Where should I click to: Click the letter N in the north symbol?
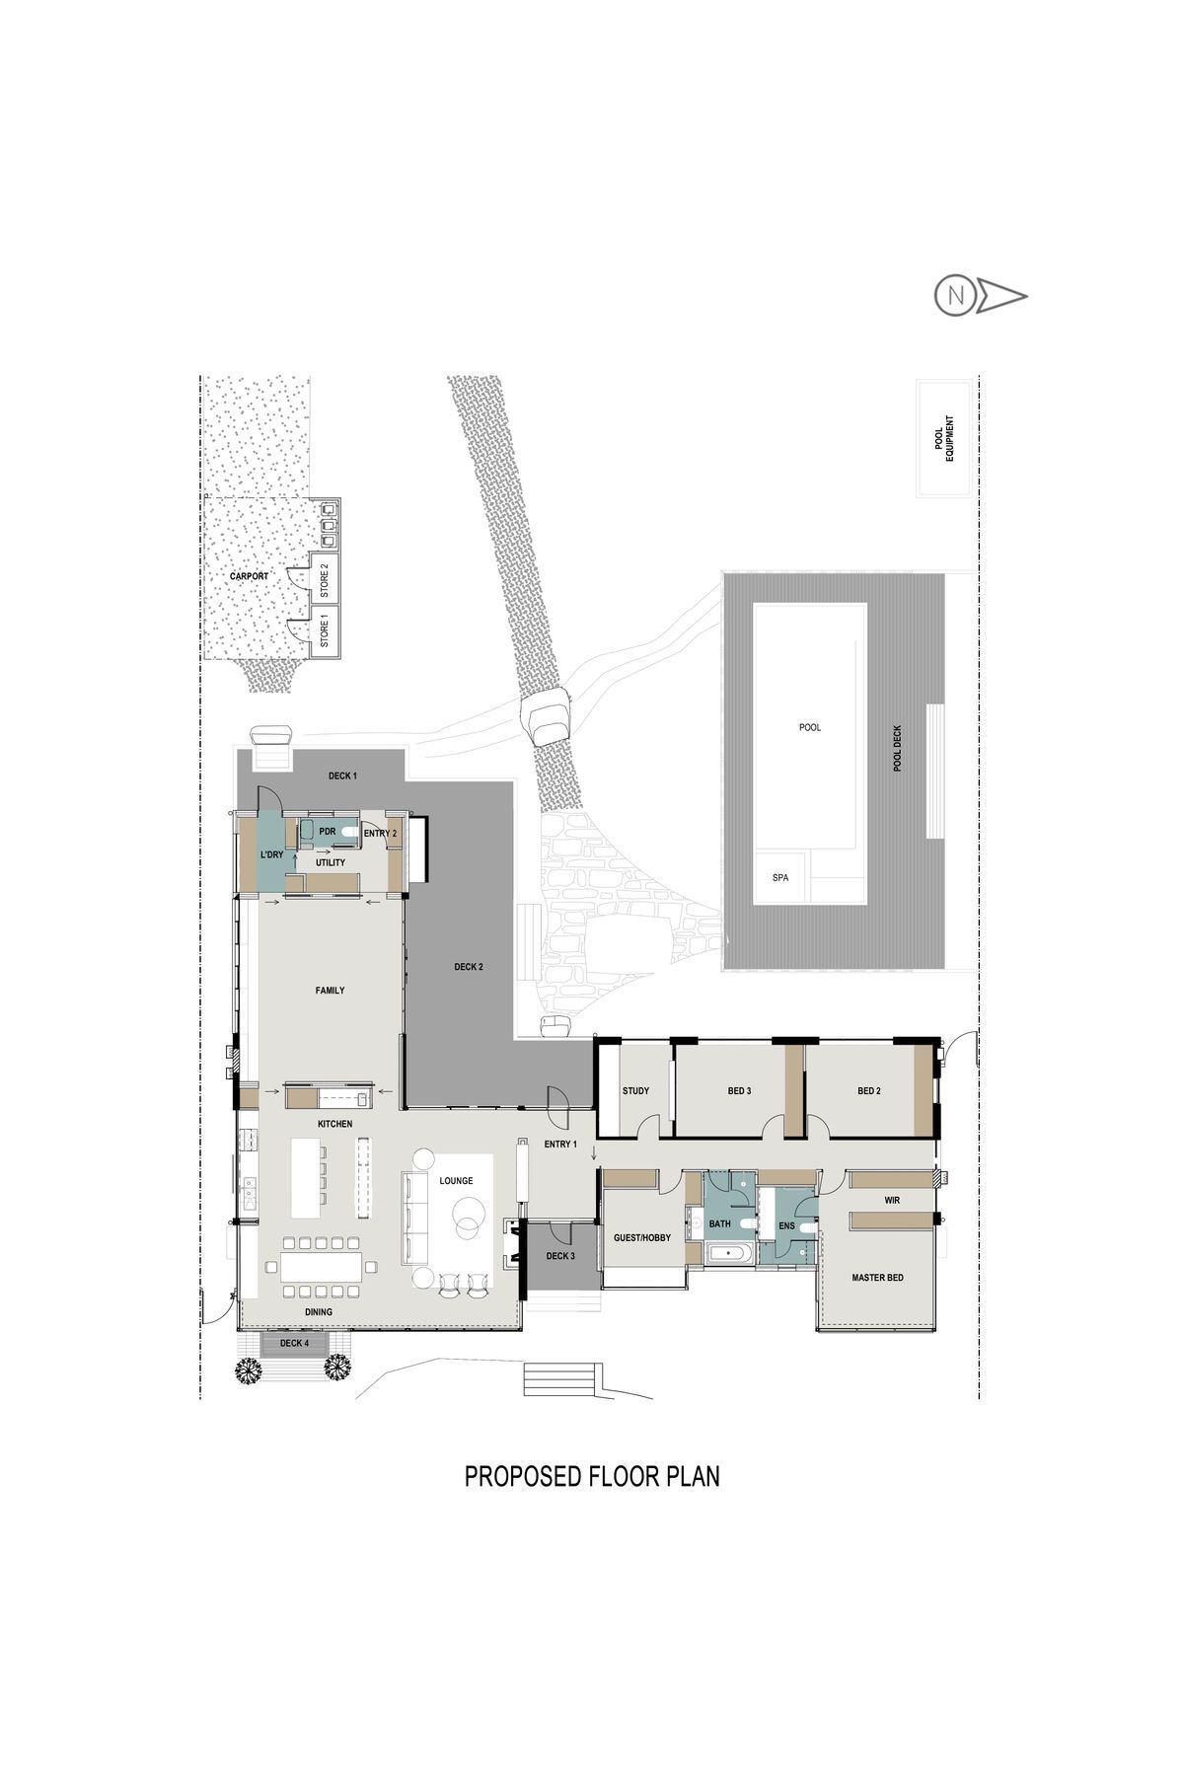954,295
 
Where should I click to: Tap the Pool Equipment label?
945,438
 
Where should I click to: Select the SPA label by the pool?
780,877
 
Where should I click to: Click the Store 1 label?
323,630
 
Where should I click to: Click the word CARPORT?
249,576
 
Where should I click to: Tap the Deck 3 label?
559,1256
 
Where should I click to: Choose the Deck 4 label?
294,1343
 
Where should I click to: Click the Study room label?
635,1090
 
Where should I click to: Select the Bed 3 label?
739,1090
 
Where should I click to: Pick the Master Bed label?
877,1278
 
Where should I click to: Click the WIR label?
892,1201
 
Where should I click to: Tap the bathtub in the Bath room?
729,1255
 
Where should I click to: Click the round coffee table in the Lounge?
468,1213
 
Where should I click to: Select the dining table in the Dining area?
321,1266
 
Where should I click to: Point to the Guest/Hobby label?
641,1237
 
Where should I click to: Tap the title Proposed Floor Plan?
592,1476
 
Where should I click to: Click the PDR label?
328,832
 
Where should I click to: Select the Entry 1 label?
559,1144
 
